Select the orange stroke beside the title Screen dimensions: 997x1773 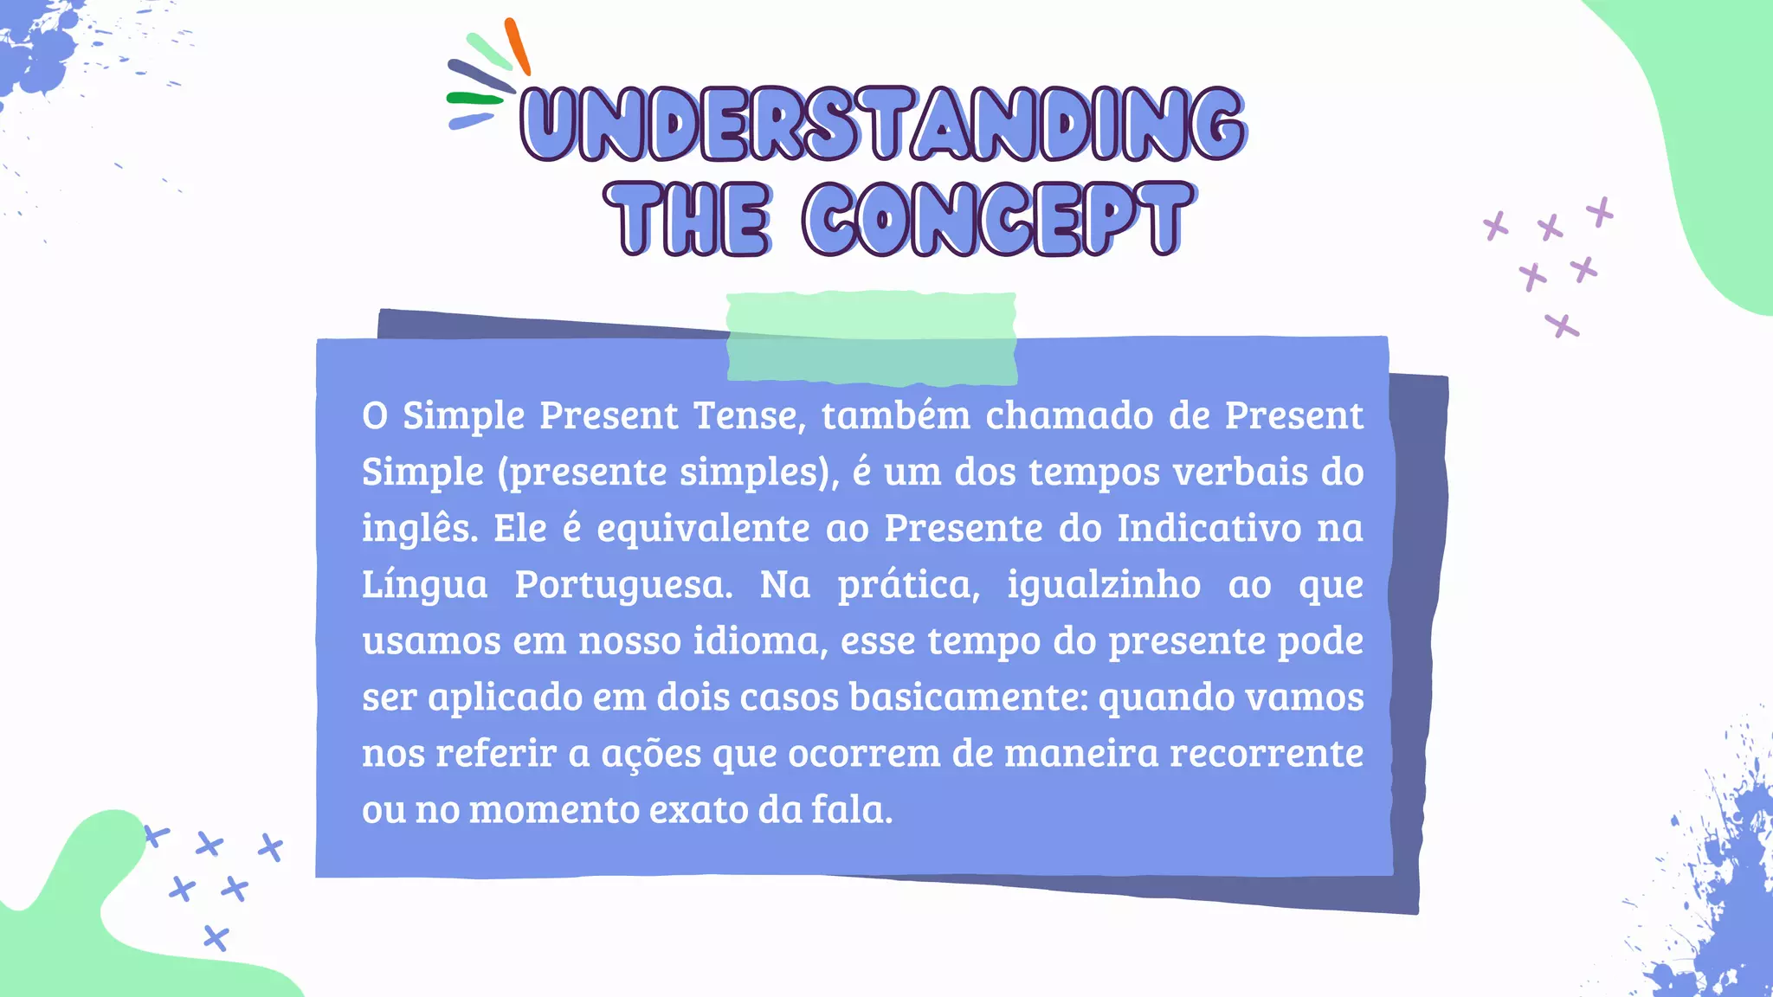pos(518,46)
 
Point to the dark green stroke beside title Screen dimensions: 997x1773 pos(474,99)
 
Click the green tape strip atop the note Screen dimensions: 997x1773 pos(871,338)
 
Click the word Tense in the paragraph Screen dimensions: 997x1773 pos(750,415)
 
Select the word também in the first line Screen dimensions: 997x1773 pos(896,415)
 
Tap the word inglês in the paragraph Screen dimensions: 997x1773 pos(419,529)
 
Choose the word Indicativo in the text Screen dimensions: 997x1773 pos(1209,528)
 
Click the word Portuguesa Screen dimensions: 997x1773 pos(622,584)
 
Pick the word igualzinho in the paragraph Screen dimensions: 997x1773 pos(1104,584)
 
